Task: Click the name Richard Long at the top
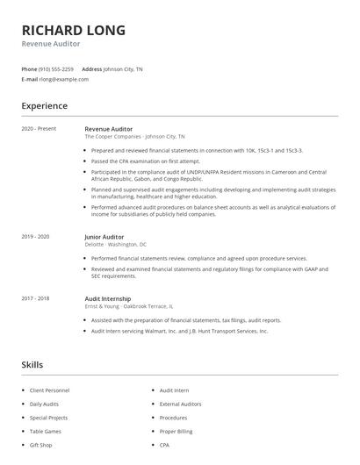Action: [x=74, y=30]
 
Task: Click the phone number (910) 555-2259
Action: [x=56, y=68]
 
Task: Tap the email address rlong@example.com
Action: [x=63, y=79]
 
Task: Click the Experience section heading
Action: [x=44, y=106]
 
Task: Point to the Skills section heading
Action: [x=32, y=364]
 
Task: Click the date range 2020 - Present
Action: [x=39, y=129]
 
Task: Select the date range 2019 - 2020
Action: [x=35, y=237]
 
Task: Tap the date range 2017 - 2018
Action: [x=35, y=298]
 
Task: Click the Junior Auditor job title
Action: [x=104, y=237]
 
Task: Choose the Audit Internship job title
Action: [x=107, y=298]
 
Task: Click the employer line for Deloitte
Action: [x=115, y=245]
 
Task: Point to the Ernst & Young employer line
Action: [x=128, y=306]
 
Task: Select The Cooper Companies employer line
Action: [x=134, y=137]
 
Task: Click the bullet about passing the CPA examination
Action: [x=146, y=161]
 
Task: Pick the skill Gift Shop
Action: [x=41, y=446]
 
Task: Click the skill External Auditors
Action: [x=179, y=404]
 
